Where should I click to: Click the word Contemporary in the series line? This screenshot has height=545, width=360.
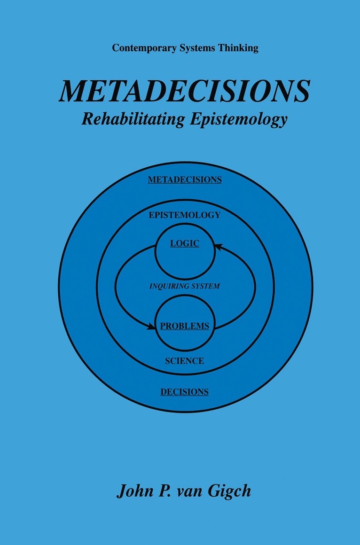point(144,48)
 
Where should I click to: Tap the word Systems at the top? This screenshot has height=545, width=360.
point(197,48)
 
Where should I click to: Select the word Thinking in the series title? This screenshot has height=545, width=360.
point(238,48)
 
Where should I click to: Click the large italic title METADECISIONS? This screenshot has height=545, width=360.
point(184,91)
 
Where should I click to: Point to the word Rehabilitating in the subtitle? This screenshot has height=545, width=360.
point(133,119)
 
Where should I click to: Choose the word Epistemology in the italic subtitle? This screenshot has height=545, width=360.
point(239,119)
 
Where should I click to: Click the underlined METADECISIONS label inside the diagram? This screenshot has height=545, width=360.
point(185,179)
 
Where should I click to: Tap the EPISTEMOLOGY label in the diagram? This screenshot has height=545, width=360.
point(185,215)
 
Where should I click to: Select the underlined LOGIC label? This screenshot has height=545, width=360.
point(185,243)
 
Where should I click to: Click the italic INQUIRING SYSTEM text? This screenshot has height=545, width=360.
point(185,287)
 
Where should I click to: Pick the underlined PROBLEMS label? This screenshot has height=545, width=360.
point(185,326)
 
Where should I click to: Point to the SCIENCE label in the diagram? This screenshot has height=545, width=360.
point(185,361)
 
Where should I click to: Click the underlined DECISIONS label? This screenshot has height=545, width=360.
point(185,392)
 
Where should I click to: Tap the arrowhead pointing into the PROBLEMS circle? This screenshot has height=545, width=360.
point(151,327)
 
